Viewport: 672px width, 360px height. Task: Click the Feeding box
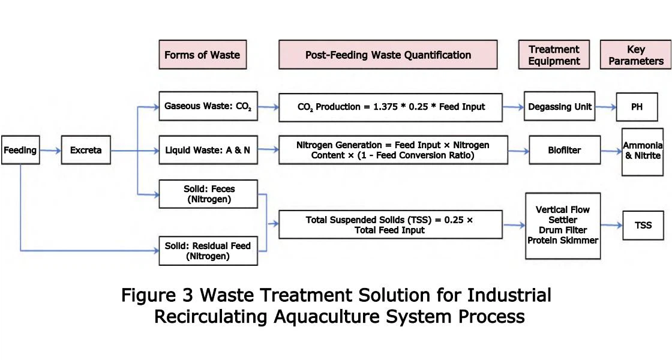(x=20, y=151)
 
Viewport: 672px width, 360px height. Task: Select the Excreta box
(x=86, y=151)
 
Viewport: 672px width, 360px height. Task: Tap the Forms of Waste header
(x=202, y=55)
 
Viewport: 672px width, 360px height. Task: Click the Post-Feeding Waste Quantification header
(x=388, y=55)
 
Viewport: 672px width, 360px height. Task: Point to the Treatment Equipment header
(x=554, y=55)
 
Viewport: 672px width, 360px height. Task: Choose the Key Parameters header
(x=635, y=55)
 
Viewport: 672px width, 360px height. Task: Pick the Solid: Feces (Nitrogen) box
(x=208, y=194)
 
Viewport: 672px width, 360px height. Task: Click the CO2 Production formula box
(x=391, y=107)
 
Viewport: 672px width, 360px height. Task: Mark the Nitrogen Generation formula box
(x=393, y=150)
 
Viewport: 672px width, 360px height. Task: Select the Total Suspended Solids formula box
(x=390, y=225)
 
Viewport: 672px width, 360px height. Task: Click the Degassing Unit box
(x=559, y=107)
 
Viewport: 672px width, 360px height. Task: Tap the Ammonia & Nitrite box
(x=642, y=151)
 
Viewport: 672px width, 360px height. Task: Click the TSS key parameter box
(x=643, y=226)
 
